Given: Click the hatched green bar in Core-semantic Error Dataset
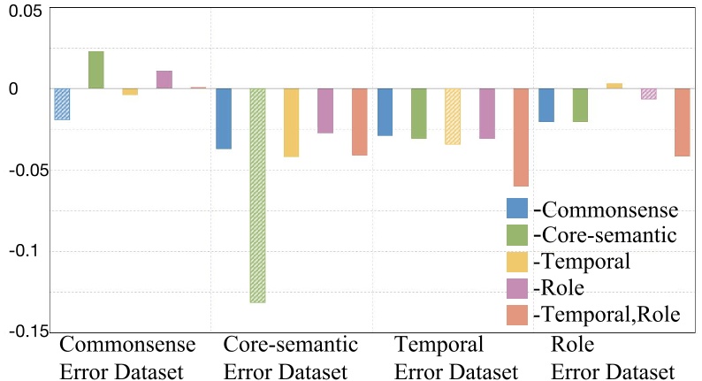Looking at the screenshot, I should point(258,195).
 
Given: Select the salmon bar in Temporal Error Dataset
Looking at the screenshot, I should point(521,137).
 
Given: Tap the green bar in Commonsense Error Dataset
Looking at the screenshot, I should point(95,70).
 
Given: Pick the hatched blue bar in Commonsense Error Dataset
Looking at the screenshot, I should point(62,103).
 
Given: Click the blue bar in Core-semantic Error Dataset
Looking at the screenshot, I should point(224,118).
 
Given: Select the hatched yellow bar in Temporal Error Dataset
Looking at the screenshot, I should point(453,116).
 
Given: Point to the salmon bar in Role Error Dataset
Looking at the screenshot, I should point(682,122).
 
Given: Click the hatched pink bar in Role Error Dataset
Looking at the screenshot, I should point(648,94).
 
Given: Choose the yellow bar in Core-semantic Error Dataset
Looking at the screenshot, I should point(291,122).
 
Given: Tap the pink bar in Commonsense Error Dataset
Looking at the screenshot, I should point(164,80).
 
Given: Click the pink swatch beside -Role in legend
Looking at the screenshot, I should point(517,287).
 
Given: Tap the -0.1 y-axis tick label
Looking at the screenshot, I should point(25,251).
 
